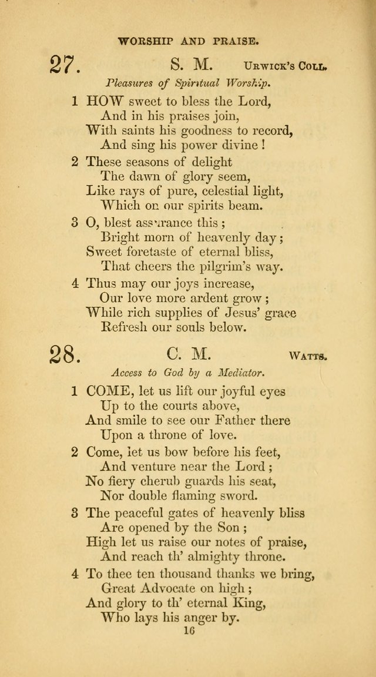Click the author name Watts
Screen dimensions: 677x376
[x=308, y=356]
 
